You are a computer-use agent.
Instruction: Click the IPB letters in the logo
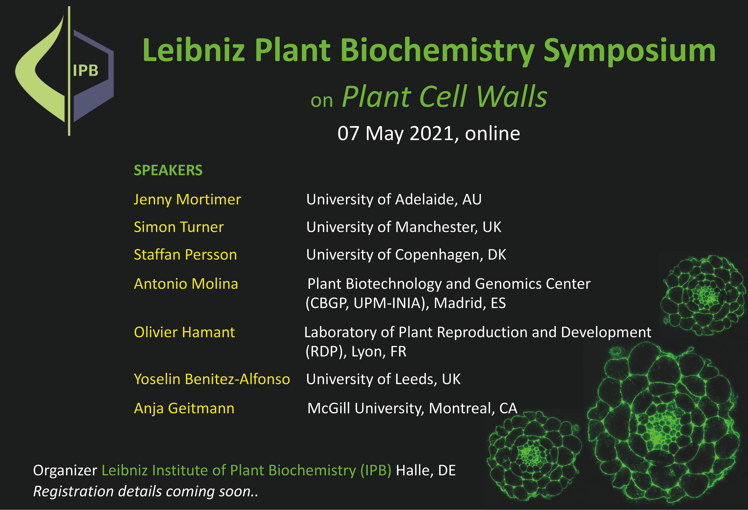[86, 71]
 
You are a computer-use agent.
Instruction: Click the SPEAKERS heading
[168, 170]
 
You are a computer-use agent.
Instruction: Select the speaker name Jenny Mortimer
[187, 200]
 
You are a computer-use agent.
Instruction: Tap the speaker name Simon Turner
[179, 227]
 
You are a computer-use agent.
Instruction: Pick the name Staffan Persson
[185, 254]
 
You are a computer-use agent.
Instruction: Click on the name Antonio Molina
[186, 283]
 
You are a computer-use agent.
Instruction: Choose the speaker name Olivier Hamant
[184, 332]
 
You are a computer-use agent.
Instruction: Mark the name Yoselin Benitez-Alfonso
[212, 379]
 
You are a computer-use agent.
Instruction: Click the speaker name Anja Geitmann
[184, 408]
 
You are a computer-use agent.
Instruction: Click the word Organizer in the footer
[65, 471]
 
